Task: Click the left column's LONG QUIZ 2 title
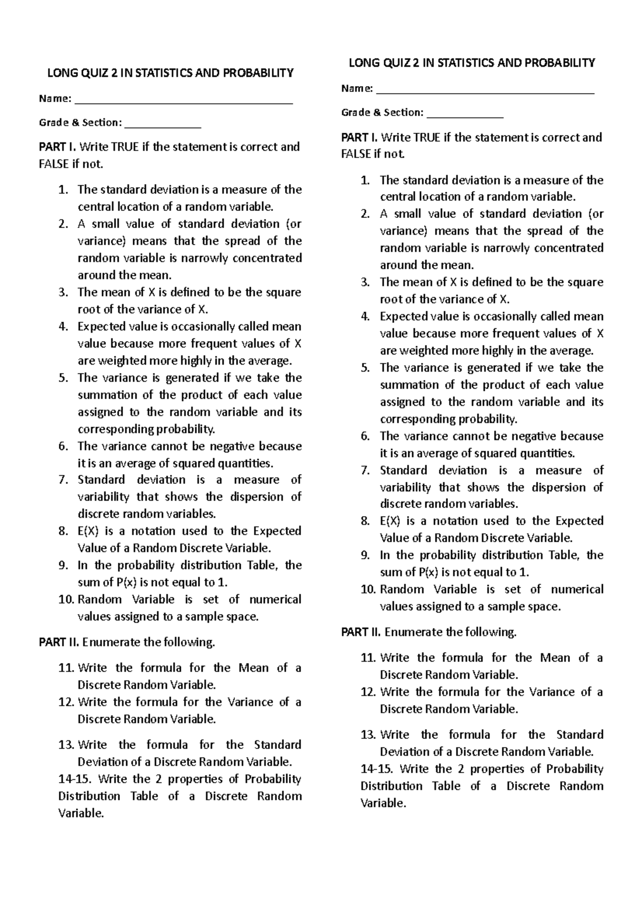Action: click(x=170, y=73)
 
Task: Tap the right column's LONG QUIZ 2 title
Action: click(x=471, y=63)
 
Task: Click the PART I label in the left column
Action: click(x=57, y=147)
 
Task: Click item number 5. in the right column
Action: click(x=365, y=368)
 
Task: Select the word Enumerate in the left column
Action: click(x=111, y=642)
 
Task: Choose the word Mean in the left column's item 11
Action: click(x=254, y=668)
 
